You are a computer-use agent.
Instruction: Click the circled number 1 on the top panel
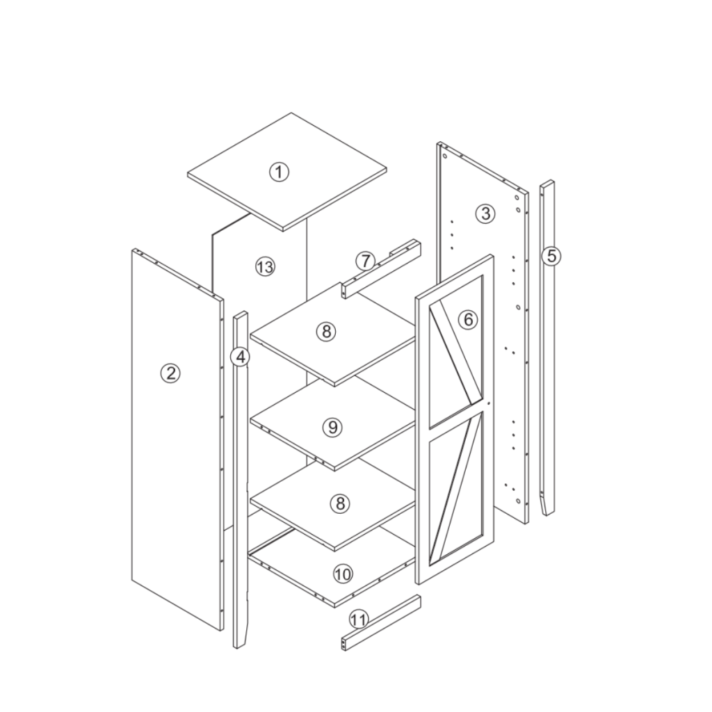tap(279, 172)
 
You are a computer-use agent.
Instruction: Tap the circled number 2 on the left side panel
tap(170, 373)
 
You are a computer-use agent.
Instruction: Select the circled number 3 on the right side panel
tap(485, 213)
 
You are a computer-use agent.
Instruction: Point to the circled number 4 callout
tap(241, 357)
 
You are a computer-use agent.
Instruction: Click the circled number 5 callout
tap(551, 256)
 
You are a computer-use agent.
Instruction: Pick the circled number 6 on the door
tap(469, 319)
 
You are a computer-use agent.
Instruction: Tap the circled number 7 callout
tap(366, 261)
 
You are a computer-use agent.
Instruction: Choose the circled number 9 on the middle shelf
tap(332, 427)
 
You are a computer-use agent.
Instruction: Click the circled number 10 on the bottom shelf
tap(342, 574)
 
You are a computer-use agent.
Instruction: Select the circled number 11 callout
tap(359, 618)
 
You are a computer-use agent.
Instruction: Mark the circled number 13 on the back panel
tap(264, 266)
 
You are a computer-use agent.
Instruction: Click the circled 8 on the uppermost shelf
tap(325, 332)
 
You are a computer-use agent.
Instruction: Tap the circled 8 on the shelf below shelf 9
tap(339, 503)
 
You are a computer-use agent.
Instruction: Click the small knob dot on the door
tap(489, 403)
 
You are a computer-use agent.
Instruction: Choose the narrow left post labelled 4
tap(241, 487)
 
